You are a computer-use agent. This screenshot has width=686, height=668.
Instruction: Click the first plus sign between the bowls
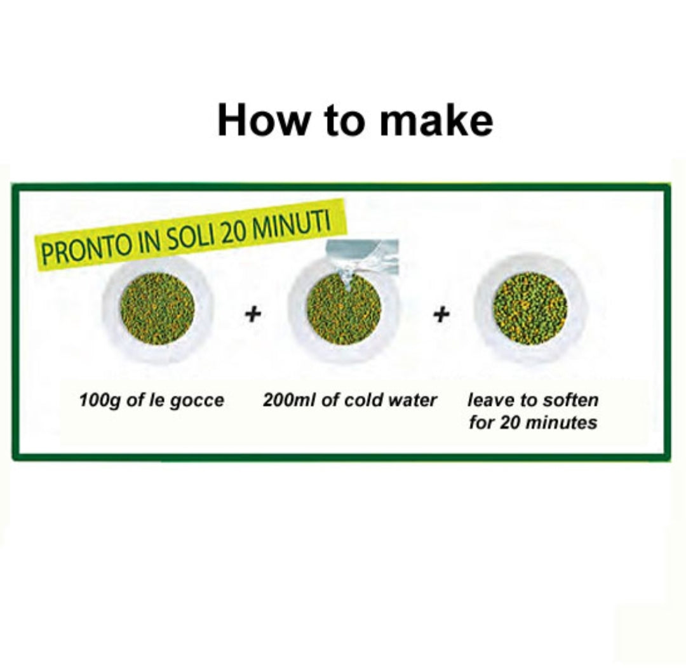(253, 314)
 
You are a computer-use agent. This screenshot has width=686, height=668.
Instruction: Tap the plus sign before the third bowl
(441, 314)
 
